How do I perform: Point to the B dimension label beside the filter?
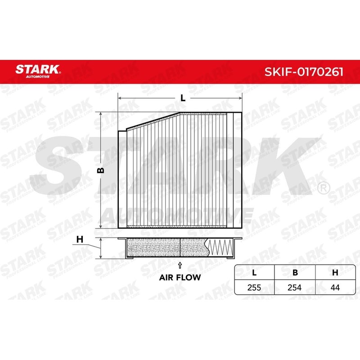click(x=101, y=170)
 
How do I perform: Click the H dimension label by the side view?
click(x=80, y=239)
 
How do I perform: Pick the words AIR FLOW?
click(x=180, y=278)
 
